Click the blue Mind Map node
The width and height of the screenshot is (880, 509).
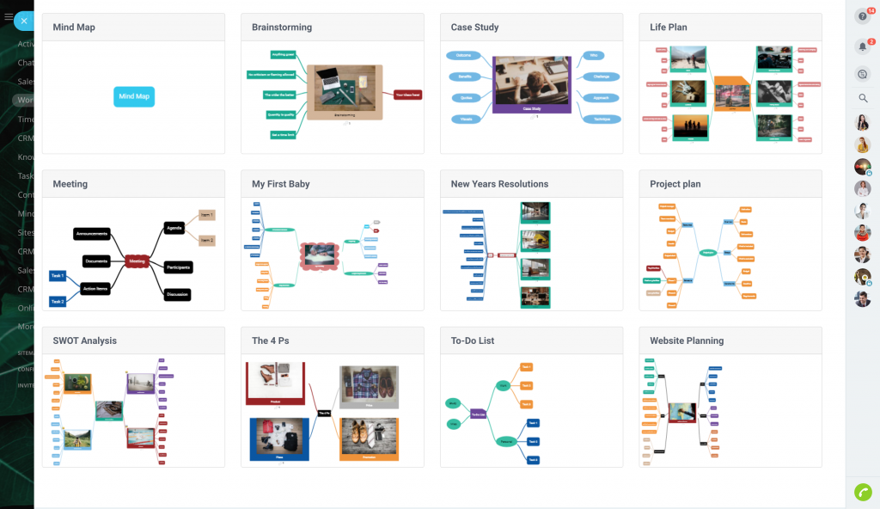134,96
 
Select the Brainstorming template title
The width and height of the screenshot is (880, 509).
282,28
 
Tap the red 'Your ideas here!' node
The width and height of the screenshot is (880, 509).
407,94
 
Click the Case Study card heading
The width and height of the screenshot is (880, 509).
474,28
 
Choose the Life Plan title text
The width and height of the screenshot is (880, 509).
668,28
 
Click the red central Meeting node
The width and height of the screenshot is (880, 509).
136,261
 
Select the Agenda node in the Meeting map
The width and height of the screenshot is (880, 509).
174,228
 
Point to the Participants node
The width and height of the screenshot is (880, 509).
177,267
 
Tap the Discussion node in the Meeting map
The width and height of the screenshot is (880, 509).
176,294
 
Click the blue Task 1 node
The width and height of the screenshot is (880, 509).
58,276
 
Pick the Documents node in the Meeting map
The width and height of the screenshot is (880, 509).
97,261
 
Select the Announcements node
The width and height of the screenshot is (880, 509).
91,234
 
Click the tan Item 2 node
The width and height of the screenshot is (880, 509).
207,241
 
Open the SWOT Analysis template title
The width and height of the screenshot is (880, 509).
85,340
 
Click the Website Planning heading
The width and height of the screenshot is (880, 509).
687,340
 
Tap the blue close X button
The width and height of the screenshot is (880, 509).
24,21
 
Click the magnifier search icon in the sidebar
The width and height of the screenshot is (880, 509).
863,98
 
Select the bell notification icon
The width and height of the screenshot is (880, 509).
863,46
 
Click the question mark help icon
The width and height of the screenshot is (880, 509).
863,16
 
